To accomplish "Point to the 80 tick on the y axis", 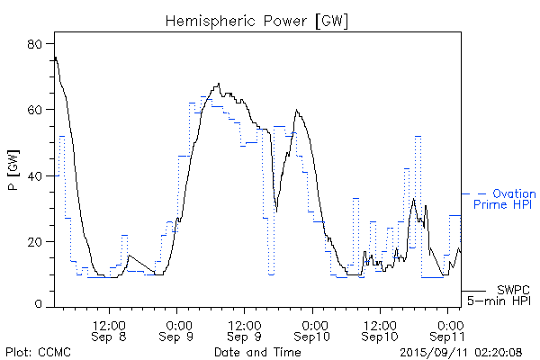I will point(40,44).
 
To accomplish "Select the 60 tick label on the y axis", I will point(40,110).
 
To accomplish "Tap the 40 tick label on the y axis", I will point(40,175).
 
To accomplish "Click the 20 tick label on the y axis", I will point(40,241).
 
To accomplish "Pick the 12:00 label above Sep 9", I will point(245,322).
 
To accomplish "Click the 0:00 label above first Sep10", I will point(314,322).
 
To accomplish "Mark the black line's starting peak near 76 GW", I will point(56,58).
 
